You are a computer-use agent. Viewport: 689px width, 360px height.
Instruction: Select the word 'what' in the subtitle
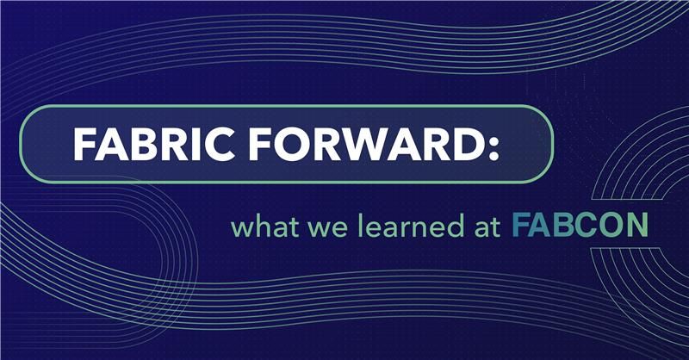(x=258, y=230)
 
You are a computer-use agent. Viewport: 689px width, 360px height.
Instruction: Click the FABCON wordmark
(x=579, y=227)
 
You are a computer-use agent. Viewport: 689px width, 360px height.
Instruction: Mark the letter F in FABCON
(x=519, y=227)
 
